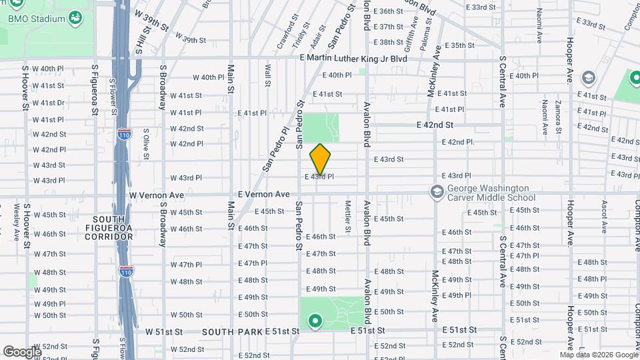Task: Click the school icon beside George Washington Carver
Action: [437, 193]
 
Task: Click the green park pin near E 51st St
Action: [315, 323]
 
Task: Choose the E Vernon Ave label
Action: [263, 194]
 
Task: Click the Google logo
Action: [22, 351]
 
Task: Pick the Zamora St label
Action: [557, 111]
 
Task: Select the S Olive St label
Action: [147, 141]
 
